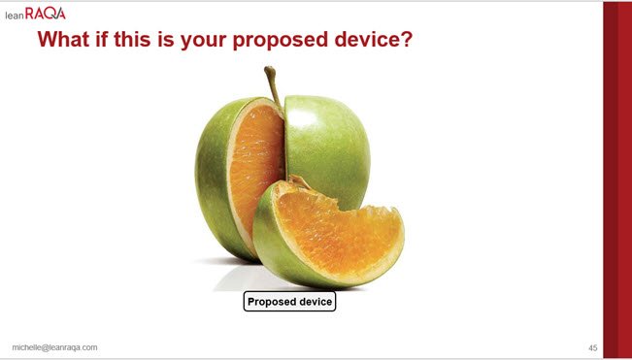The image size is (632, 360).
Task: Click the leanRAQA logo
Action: pos(35,14)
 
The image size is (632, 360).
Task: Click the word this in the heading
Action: pos(133,40)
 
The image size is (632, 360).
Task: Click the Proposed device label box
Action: pos(289,302)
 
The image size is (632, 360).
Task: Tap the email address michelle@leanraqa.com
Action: pos(54,347)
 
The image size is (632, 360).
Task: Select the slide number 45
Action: pos(592,348)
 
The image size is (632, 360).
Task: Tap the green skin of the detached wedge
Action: pos(269,245)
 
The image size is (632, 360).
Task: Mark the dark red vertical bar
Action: pos(617,180)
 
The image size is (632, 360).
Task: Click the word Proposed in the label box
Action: pos(270,302)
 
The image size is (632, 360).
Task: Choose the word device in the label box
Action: pos(314,302)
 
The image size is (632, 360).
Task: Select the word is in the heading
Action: pos(166,40)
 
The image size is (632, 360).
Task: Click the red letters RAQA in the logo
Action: pos(45,14)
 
